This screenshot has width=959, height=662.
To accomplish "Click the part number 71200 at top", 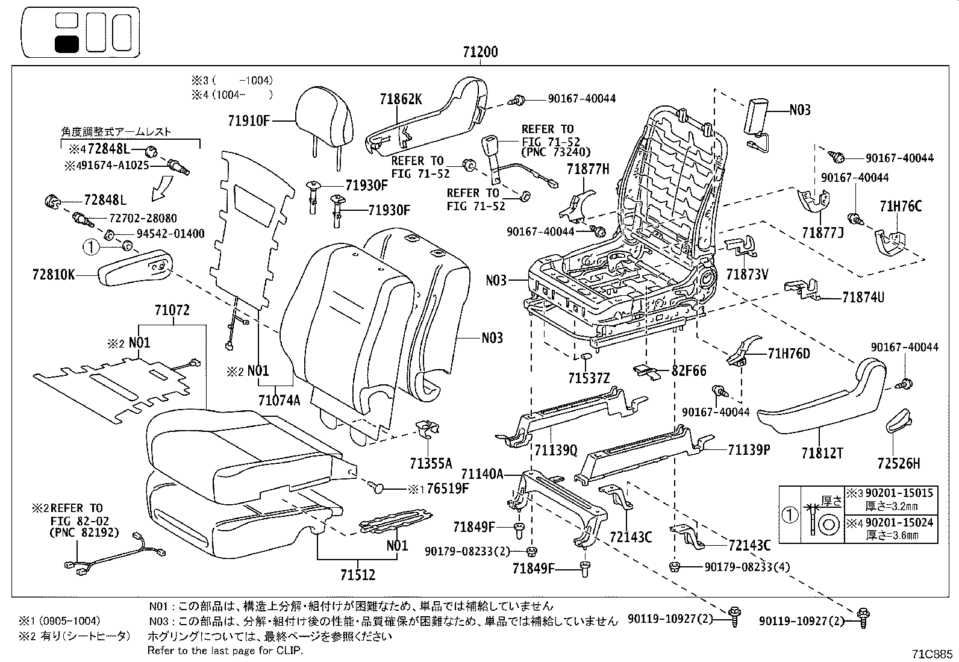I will tap(480, 52).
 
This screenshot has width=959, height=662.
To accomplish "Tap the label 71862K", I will tap(401, 99).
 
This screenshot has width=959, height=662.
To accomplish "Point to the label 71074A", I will tap(279, 399).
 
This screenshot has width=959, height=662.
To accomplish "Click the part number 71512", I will tap(357, 575).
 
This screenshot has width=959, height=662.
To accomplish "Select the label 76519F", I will tap(446, 489).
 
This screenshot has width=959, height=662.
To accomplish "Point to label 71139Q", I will tap(555, 449).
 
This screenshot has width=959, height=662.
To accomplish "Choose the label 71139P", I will tap(749, 449).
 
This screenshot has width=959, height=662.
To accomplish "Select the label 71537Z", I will tap(589, 378).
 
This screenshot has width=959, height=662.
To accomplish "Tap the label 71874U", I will tap(864, 297).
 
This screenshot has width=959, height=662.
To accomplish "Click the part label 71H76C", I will tap(901, 207).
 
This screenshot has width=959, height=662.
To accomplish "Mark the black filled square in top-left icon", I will tap(66, 44).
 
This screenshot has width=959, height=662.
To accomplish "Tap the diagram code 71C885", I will tap(933, 652).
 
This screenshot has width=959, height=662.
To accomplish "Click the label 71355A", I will tap(430, 463).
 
